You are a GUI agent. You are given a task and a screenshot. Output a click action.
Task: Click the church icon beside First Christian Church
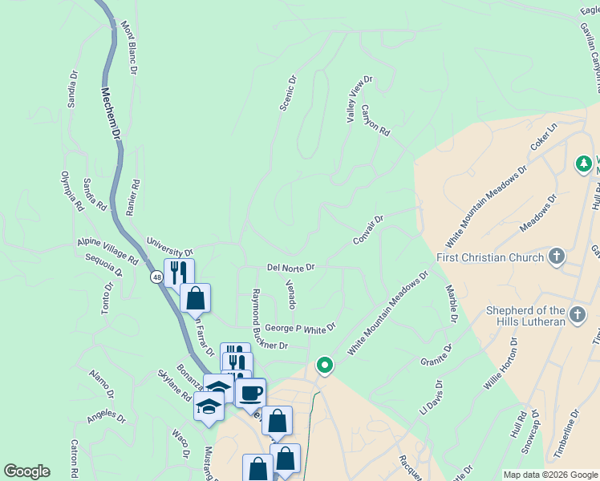555,258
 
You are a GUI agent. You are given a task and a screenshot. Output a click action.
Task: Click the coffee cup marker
250,393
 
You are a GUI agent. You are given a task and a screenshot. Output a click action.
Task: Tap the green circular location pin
325,366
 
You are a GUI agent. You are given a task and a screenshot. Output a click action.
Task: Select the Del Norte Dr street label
290,267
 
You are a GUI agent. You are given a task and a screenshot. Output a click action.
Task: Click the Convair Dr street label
368,230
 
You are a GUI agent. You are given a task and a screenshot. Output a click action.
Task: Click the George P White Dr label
300,328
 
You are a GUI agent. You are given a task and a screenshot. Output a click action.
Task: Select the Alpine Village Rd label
108,250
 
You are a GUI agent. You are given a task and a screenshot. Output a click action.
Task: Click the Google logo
26,471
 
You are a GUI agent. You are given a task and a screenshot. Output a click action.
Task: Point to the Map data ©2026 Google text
549,475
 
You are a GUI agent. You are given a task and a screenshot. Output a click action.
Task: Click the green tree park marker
584,164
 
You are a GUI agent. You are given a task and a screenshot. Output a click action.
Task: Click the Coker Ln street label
543,138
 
